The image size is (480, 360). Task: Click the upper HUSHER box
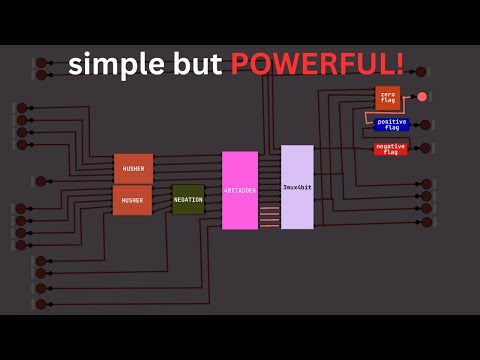pos(133,169)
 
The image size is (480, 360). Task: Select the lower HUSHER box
pos(132,200)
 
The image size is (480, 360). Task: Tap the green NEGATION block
pos(188,199)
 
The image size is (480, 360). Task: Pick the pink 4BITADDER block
pos(240,190)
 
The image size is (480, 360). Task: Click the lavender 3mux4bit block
pos(297,187)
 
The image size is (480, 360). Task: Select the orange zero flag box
pos(388,97)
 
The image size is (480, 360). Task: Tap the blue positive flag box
pos(392,124)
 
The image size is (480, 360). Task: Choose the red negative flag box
pos(390,149)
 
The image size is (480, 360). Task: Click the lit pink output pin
pos(422,97)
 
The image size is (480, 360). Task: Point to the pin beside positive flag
pos(426,125)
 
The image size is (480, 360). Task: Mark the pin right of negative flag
pos(426,148)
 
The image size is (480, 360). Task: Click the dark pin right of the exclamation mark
pos(421,72)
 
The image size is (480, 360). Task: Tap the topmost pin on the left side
pos(42,63)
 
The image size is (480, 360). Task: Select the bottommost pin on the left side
pos(41,304)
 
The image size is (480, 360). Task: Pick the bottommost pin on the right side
pos(427,222)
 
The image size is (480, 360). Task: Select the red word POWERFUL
pos(311,64)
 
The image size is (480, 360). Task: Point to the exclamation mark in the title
pos(400,64)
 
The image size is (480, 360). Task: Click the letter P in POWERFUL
pos(239,64)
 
